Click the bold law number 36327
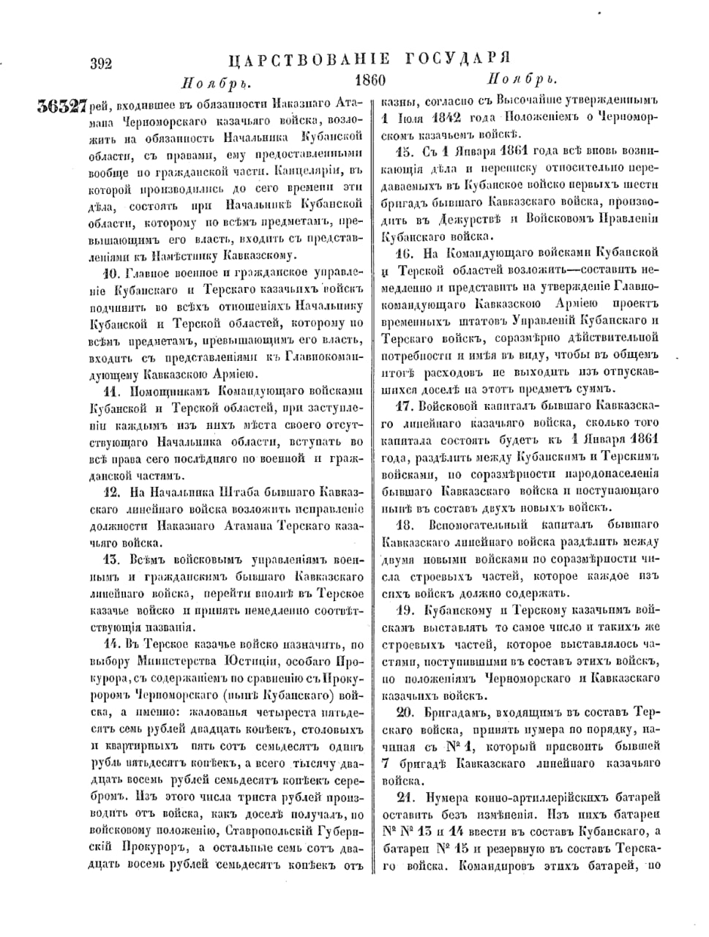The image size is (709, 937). (x=62, y=106)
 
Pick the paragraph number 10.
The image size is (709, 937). (x=112, y=275)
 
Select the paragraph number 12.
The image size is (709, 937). (x=112, y=493)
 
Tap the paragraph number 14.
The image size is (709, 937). (x=112, y=645)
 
